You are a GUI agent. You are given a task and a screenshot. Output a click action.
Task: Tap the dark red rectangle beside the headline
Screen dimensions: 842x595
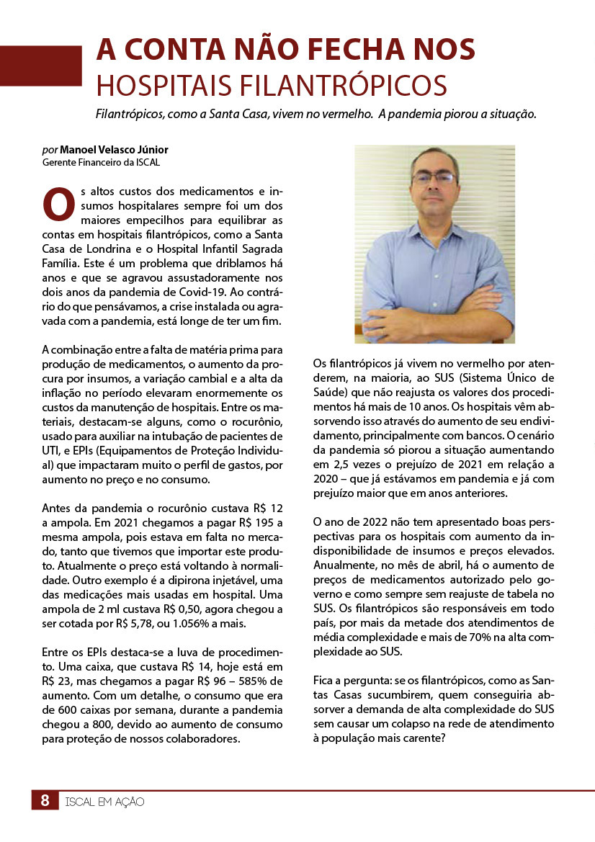pyautogui.click(x=41, y=66)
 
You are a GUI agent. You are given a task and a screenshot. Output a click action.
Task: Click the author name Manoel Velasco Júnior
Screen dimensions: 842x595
pyautogui.click(x=115, y=150)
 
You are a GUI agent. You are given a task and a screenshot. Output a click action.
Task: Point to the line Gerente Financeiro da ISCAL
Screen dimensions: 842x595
pyautogui.click(x=101, y=162)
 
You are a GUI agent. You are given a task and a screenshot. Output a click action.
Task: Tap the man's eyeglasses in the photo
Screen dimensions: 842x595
pyautogui.click(x=433, y=177)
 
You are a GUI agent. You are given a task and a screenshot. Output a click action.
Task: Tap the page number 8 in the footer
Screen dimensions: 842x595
pyautogui.click(x=45, y=800)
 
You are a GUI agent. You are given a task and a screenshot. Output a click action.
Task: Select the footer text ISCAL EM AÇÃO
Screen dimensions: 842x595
pyautogui.click(x=104, y=800)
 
